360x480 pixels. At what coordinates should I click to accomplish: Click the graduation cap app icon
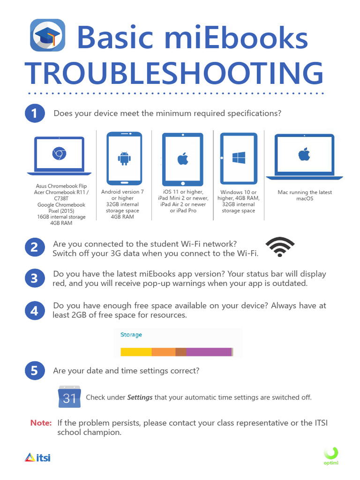(47, 35)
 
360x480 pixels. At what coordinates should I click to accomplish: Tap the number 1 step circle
(34, 114)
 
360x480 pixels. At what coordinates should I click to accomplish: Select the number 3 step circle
(34, 278)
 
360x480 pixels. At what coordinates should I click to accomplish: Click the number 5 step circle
(34, 371)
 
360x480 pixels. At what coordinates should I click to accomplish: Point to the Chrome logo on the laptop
(59, 153)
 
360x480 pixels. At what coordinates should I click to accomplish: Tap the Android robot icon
(124, 158)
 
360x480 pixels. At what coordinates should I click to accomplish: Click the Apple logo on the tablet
(183, 159)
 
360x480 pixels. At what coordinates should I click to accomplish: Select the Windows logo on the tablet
(239, 157)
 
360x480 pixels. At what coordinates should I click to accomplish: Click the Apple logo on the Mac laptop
(304, 154)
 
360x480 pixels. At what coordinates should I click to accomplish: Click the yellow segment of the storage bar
(136, 352)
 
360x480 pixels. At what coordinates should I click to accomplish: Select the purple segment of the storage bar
(209, 352)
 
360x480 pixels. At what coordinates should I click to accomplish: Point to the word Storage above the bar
(131, 335)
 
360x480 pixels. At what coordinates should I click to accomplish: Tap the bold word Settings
(140, 397)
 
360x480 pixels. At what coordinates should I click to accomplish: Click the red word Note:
(41, 423)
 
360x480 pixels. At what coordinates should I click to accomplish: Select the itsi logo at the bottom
(37, 457)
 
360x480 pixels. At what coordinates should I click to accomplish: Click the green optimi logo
(331, 456)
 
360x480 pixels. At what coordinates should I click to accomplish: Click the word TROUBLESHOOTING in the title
(174, 73)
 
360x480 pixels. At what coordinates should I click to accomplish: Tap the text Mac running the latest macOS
(304, 195)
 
